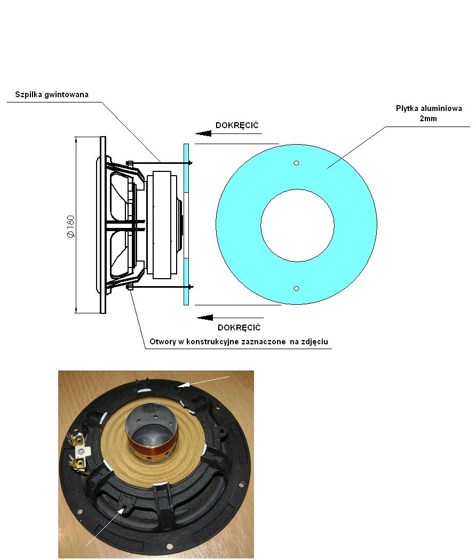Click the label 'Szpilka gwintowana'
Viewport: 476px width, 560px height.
point(52,94)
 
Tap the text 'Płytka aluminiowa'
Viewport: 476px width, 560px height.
point(429,108)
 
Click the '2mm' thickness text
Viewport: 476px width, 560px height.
point(428,119)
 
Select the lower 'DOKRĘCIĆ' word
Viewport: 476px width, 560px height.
point(239,327)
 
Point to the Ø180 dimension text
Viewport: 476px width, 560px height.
point(70,226)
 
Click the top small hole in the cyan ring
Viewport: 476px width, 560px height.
point(296,163)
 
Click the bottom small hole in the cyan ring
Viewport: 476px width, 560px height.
point(296,289)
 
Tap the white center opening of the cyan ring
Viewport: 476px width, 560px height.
point(297,225)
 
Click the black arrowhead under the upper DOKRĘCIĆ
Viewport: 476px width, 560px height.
point(203,133)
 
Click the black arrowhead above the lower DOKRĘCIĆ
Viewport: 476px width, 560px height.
point(205,318)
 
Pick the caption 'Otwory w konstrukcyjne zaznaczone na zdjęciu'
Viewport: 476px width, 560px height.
point(239,342)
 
